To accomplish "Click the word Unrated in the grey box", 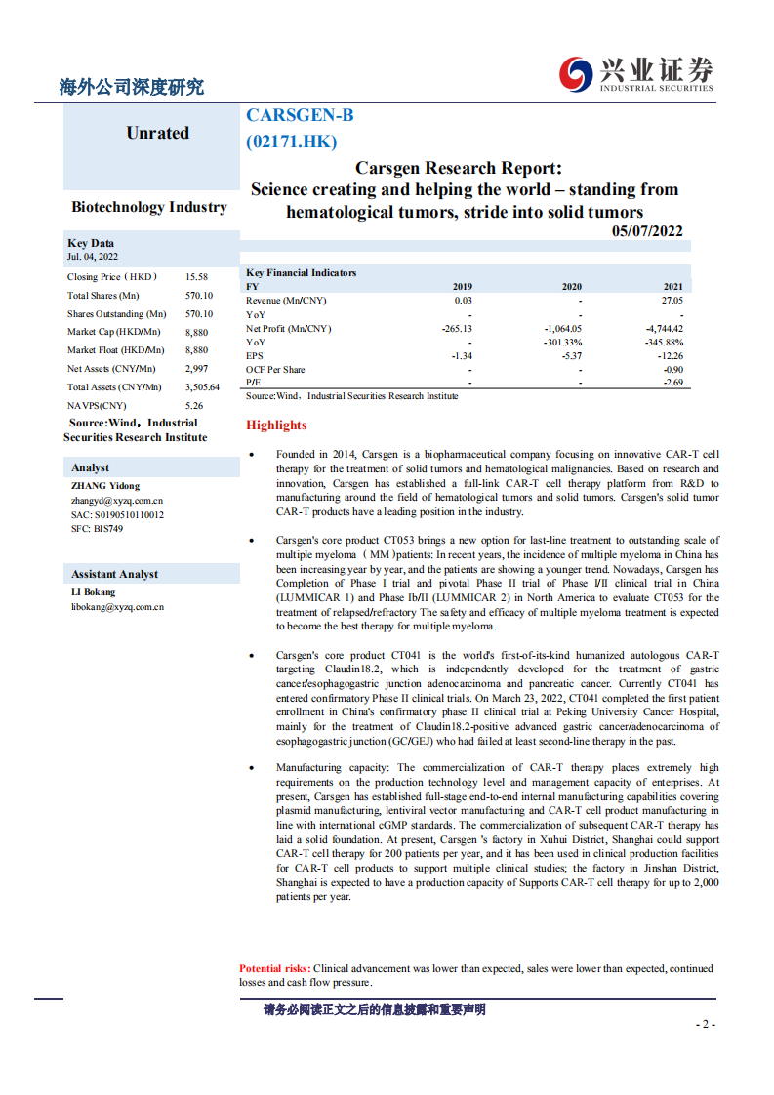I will coord(157,133).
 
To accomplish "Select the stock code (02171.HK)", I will coord(292,142).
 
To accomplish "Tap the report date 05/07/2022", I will coord(647,231).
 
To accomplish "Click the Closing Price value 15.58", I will coord(196,277).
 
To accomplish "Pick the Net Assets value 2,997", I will coord(197,369).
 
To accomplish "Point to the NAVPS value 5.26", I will coord(194,405).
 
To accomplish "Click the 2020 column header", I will coord(571,287).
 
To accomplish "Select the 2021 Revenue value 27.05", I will coord(672,301).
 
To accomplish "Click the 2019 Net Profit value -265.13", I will coord(456,329).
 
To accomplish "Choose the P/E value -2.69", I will coord(672,384).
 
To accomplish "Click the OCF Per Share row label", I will coord(275,370).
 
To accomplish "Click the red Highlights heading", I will coord(276,426).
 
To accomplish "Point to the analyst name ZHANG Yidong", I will coord(105,485).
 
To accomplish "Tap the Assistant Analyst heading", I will coord(114,574).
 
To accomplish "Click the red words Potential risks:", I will coord(274,968).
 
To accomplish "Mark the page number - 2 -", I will coord(705,1024).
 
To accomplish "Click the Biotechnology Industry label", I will coord(149,207).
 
